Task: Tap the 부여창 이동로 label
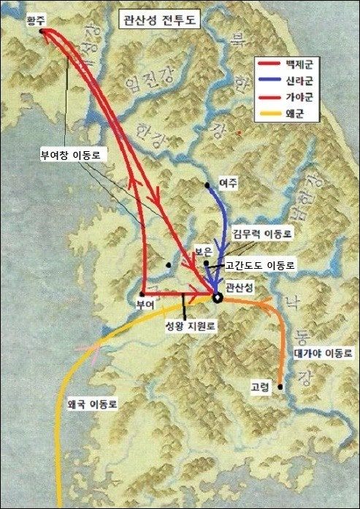[x=70, y=156]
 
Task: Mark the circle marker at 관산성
[x=217, y=297]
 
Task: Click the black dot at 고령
[x=280, y=387]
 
